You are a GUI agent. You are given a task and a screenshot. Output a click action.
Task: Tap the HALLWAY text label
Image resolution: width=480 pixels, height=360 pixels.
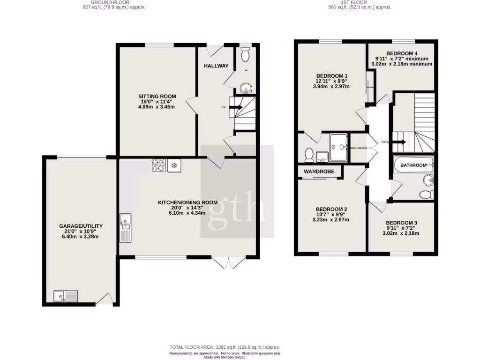tap(216, 66)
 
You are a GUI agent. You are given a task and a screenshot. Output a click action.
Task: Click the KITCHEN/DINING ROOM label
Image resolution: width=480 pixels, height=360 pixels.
tap(187, 202)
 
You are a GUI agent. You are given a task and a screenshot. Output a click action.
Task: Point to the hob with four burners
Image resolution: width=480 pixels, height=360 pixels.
tap(158, 165)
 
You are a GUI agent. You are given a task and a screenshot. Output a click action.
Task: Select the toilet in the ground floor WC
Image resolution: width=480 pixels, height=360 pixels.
tap(245, 55)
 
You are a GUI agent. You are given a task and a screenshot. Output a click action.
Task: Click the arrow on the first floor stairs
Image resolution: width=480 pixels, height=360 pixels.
tap(399, 142)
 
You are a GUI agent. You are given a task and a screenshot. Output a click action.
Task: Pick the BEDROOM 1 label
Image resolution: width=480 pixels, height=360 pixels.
tap(332, 76)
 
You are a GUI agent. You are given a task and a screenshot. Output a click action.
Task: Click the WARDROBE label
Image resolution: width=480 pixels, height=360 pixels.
tap(319, 172)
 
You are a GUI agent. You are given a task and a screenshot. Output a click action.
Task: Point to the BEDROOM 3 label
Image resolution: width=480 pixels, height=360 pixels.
tap(402, 223)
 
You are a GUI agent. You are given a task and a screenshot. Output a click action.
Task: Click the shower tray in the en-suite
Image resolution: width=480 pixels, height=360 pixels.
tap(338, 147)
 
